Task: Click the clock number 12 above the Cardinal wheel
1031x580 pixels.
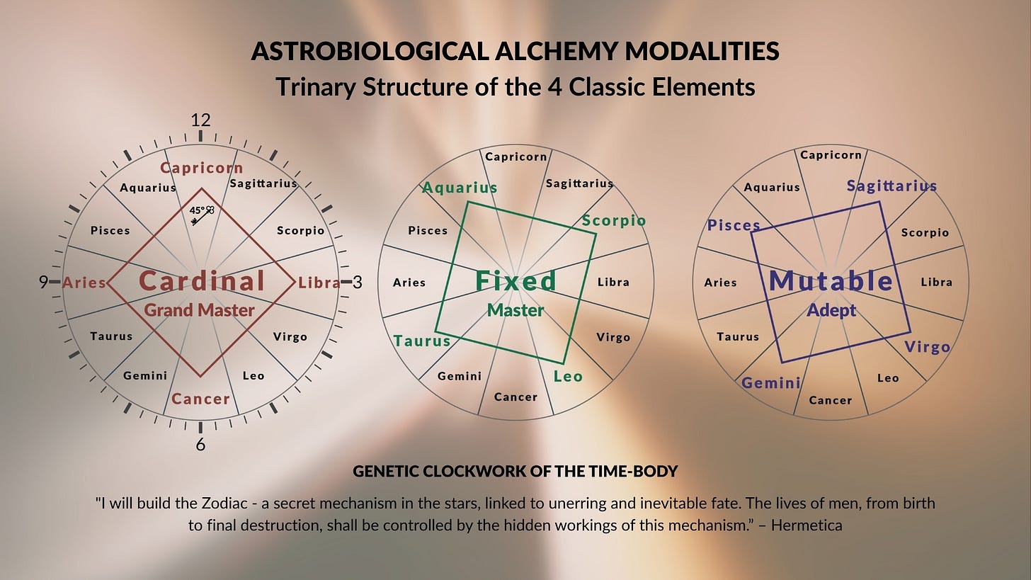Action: coord(201,120)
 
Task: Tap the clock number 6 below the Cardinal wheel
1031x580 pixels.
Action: coord(201,445)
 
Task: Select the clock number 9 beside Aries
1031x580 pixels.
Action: coord(44,283)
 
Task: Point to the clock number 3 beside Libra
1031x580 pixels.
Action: coord(358,283)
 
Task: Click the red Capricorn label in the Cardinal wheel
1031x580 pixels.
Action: coord(202,168)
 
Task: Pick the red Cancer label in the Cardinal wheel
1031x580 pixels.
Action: coord(201,399)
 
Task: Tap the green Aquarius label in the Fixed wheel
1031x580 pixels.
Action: coord(460,188)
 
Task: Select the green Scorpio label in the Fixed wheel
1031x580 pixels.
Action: coord(614,220)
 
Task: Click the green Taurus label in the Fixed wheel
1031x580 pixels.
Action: coord(422,341)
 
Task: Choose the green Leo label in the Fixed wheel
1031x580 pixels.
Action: coord(568,376)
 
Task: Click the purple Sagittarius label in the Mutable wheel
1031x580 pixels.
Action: coord(892,186)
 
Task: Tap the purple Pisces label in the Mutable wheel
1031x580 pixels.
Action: coord(734,225)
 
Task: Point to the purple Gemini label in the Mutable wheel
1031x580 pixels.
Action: coord(771,383)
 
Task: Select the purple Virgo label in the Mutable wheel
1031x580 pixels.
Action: coord(928,347)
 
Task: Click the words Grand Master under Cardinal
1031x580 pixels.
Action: coord(199,310)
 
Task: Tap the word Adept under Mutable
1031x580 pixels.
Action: coord(831,310)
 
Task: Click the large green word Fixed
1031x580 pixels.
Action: coord(516,281)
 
